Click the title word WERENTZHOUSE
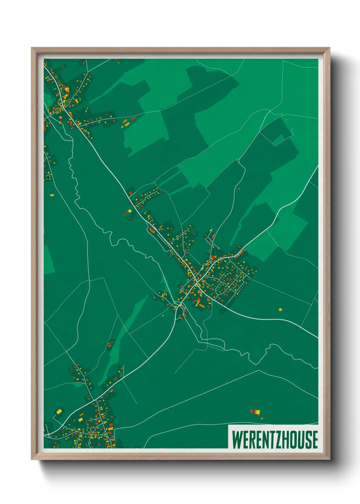point(275,439)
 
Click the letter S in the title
point(307,439)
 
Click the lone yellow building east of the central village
point(280,310)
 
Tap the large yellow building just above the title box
point(258,412)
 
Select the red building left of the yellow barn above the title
point(252,411)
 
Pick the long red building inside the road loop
point(152,230)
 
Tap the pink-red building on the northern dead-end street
point(213,236)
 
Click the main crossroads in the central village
point(197,283)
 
